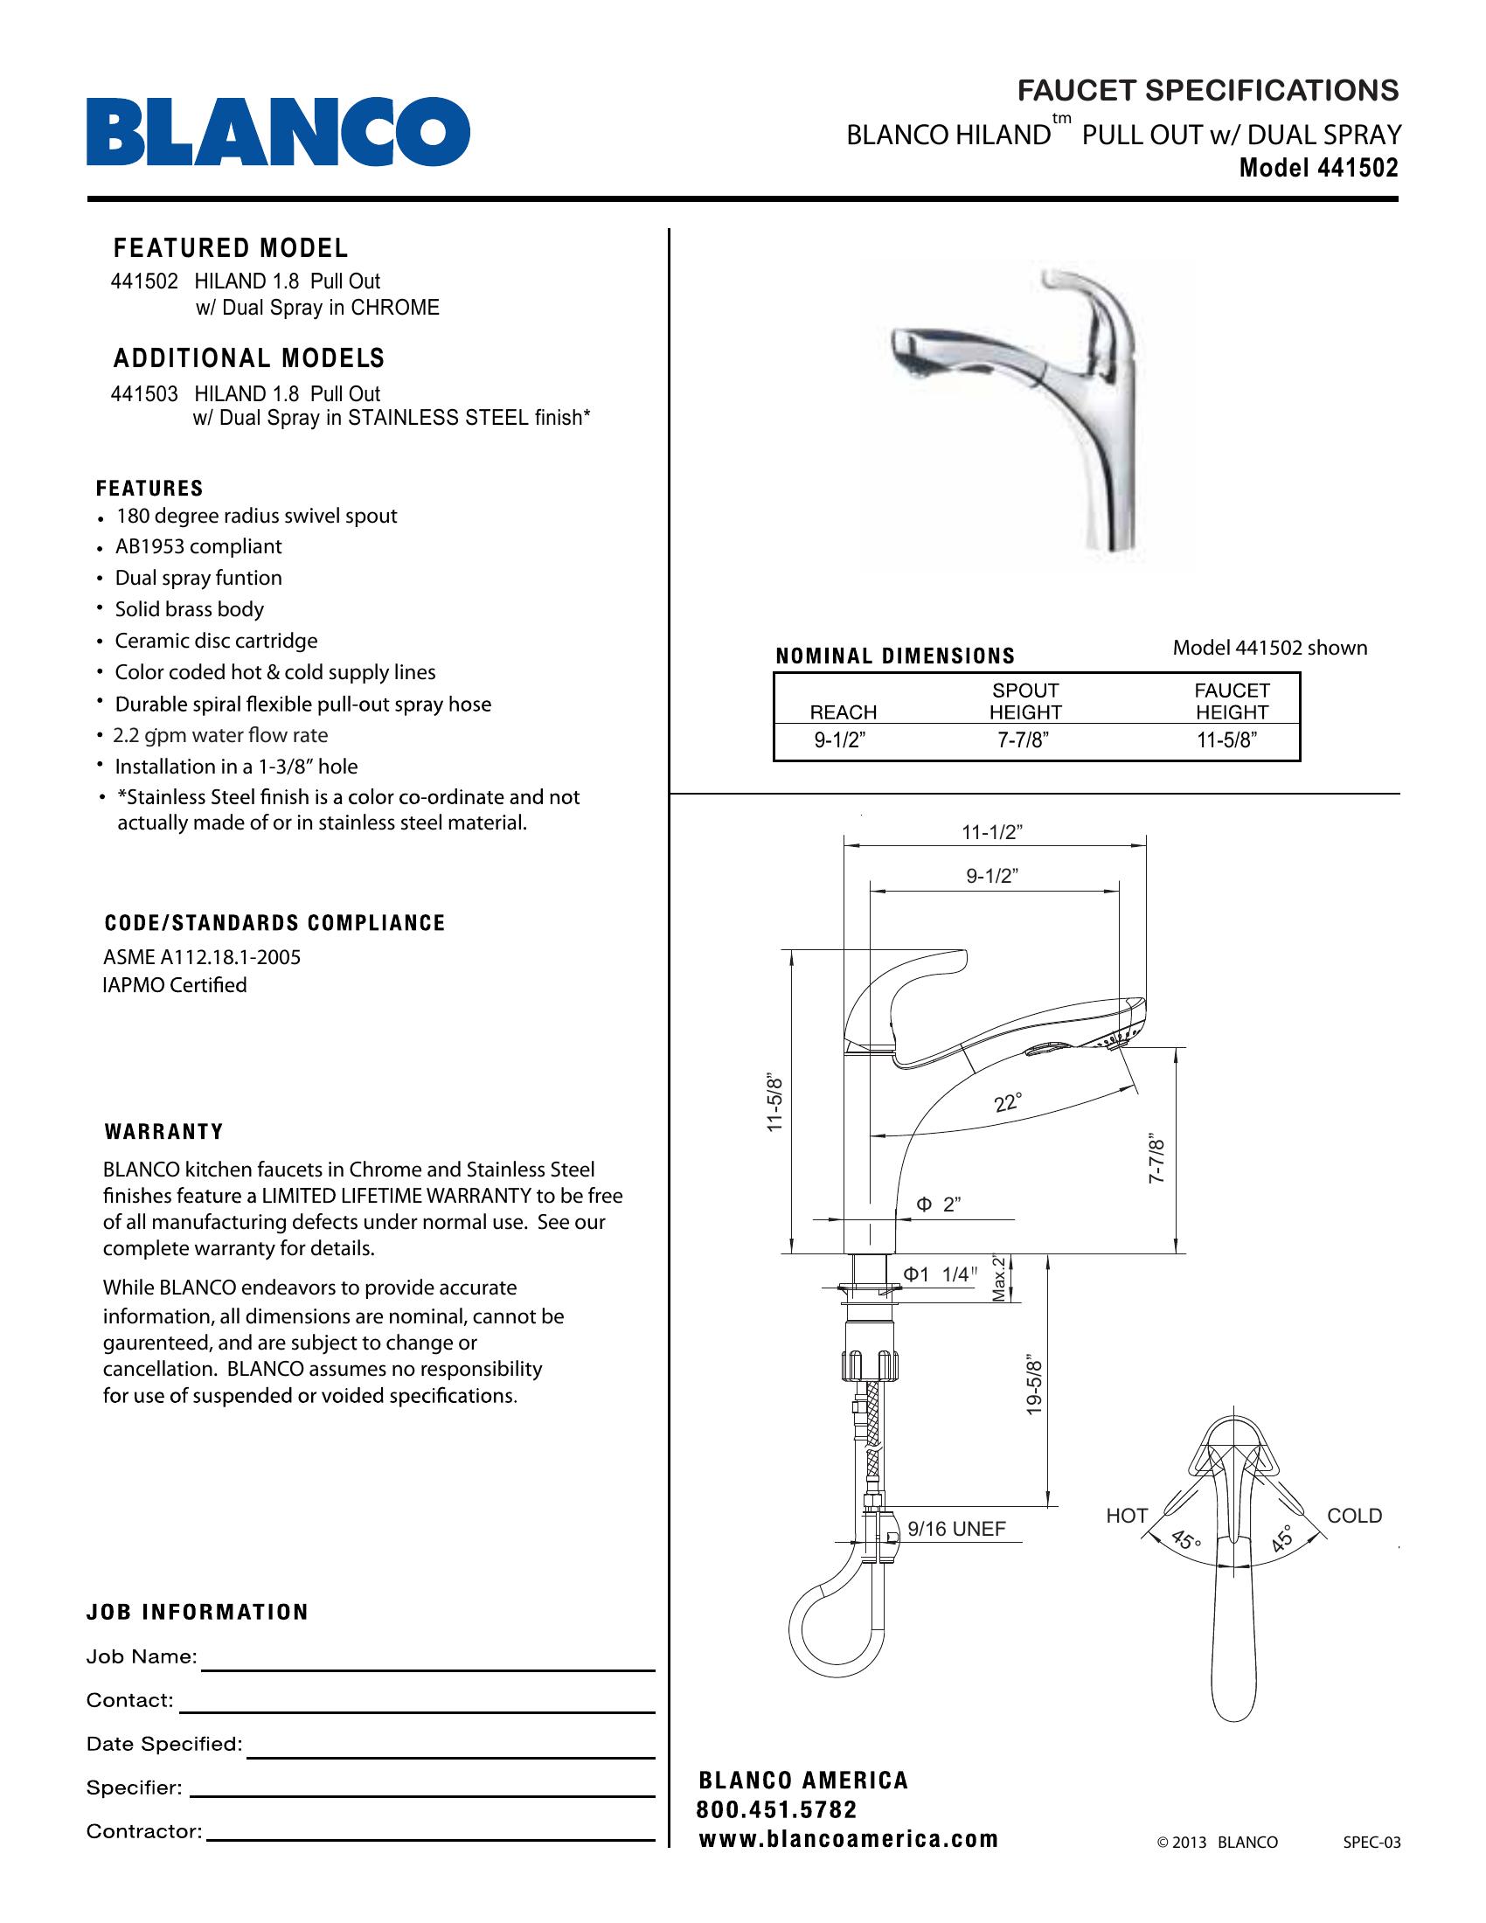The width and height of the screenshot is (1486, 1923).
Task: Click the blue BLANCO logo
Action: click(277, 132)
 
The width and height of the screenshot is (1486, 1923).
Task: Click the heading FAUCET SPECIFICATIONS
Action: click(1207, 91)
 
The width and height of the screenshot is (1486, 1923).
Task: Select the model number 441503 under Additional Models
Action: click(143, 393)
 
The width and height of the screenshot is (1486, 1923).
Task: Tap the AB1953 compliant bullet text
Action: click(198, 547)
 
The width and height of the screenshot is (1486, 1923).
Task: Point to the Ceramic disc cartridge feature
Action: click(216, 641)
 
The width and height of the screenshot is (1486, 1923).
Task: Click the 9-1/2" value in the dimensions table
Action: click(840, 740)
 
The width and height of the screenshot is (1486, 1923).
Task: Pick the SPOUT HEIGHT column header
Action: click(1024, 702)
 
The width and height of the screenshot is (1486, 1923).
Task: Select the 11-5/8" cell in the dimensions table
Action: click(1226, 740)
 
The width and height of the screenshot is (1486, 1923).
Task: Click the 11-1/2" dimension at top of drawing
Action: click(991, 832)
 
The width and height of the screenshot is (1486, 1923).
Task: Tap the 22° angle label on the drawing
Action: click(1008, 1102)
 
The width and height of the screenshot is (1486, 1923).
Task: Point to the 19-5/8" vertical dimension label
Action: click(1034, 1388)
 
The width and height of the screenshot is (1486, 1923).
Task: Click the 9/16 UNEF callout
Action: click(956, 1530)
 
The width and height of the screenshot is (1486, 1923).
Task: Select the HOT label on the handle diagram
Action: click(1127, 1517)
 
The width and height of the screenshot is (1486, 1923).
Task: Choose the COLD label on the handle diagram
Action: click(1354, 1517)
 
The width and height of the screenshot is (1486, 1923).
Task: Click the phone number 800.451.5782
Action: click(776, 1810)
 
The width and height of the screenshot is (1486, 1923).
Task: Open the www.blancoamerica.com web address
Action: click(849, 1839)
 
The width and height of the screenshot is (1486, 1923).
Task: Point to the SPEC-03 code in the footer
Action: click(1371, 1842)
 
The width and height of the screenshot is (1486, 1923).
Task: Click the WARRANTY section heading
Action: click(163, 1131)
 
